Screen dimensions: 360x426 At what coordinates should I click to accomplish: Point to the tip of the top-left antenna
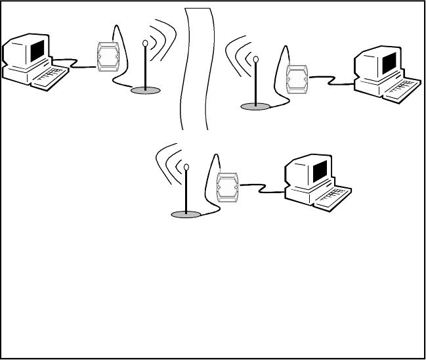tap(144, 45)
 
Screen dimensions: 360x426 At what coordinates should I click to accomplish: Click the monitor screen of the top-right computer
tap(389, 63)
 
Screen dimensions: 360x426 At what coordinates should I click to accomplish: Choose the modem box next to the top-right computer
tap(297, 78)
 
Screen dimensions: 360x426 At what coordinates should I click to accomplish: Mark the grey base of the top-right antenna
tap(255, 105)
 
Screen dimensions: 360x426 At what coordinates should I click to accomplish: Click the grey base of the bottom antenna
tap(186, 214)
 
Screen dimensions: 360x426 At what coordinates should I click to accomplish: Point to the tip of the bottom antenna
tap(186, 168)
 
